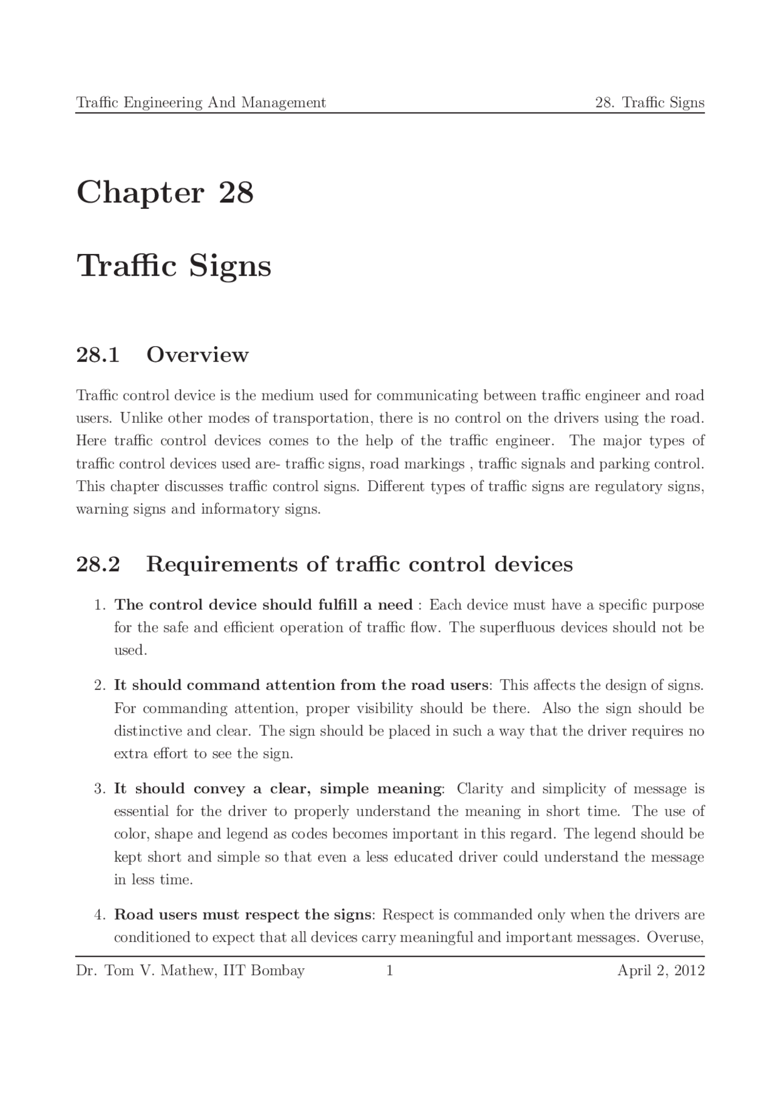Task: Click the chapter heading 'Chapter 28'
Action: coord(165,193)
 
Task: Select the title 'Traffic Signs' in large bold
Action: coord(174,266)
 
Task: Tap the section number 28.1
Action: coord(97,355)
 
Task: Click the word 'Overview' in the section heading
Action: coord(197,355)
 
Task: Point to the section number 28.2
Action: coord(98,564)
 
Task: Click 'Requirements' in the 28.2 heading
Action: coord(222,565)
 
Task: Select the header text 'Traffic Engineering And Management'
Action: coord(201,103)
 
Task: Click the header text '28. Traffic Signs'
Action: coord(649,103)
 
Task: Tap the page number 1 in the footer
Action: coord(390,971)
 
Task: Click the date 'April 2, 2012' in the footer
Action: coord(660,971)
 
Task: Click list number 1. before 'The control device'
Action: coord(100,605)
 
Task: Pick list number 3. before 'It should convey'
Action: coord(100,789)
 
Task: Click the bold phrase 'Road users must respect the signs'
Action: coord(242,915)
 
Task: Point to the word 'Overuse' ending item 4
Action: coord(674,937)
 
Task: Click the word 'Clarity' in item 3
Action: coord(480,789)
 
